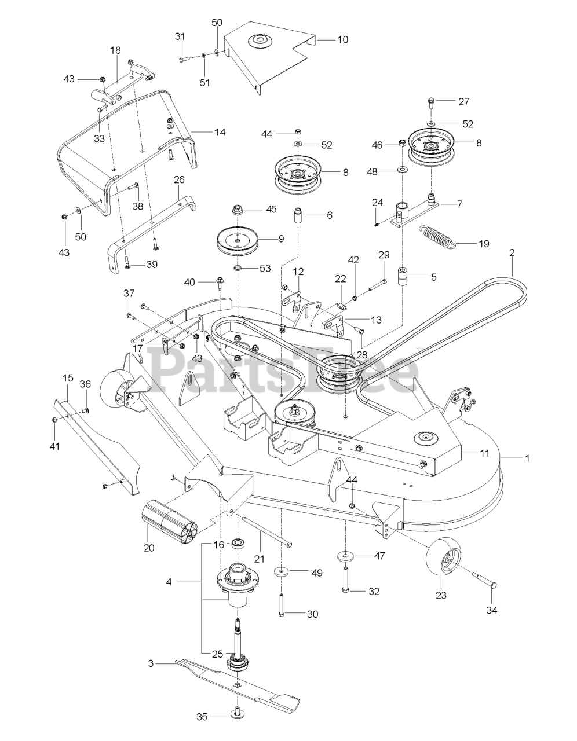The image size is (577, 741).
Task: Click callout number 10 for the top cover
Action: (342, 40)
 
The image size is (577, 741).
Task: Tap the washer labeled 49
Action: (283, 572)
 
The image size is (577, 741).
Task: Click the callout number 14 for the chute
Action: (203, 132)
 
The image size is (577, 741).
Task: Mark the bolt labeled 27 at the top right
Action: (432, 105)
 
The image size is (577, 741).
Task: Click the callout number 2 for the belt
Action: (512, 252)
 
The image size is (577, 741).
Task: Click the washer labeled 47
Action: (345, 556)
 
